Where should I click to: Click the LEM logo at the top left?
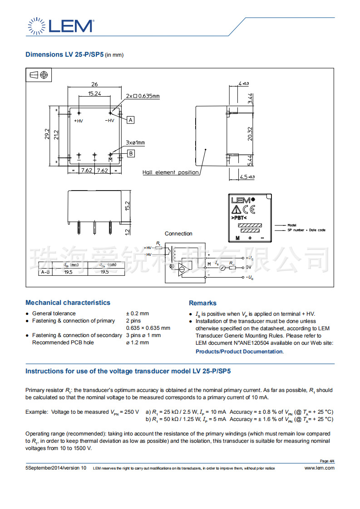(61, 25)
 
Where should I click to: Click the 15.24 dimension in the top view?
(94, 93)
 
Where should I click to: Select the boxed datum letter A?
(131, 120)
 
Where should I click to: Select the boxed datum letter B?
(131, 153)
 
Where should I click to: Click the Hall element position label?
(170, 172)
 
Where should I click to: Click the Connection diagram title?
(178, 234)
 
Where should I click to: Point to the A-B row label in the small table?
(45, 272)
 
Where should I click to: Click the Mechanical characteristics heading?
(68, 303)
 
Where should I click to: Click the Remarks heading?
(202, 303)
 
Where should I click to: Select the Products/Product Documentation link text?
(239, 352)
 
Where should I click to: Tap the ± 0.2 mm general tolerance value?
(137, 313)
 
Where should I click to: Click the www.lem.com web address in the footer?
(319, 468)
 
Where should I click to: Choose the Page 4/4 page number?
(327, 461)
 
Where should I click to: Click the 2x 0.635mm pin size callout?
(143, 96)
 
